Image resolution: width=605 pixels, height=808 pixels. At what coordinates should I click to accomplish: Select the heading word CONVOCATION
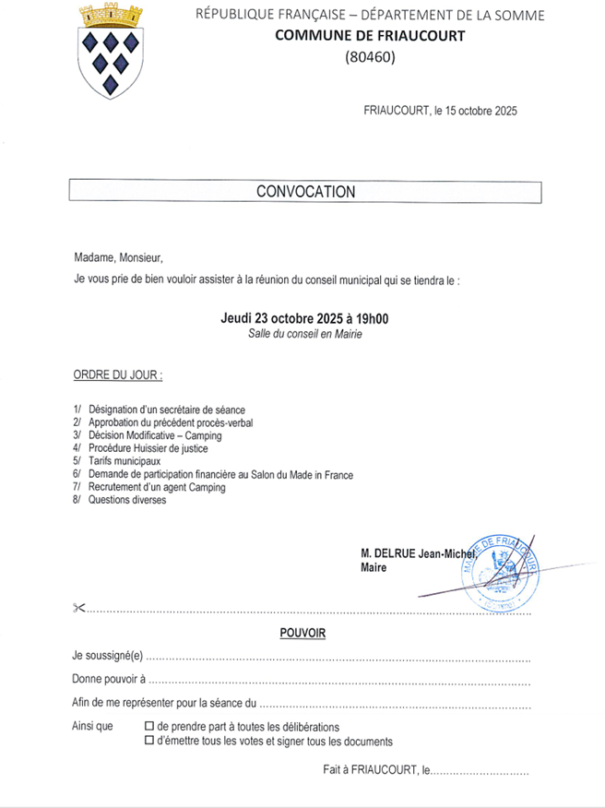click(305, 192)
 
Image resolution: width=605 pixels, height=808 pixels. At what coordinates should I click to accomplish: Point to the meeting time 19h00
click(370, 318)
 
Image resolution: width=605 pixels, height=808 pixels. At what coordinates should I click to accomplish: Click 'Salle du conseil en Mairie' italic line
click(304, 334)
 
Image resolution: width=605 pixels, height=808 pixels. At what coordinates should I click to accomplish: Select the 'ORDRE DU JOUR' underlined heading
click(117, 376)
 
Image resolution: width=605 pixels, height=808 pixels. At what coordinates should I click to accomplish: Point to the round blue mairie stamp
click(500, 572)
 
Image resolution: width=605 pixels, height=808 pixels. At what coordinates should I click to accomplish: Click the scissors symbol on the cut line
click(77, 607)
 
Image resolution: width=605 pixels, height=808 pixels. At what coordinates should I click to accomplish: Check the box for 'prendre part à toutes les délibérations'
click(149, 727)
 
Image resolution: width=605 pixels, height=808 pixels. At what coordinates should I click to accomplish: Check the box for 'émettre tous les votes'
click(149, 741)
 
